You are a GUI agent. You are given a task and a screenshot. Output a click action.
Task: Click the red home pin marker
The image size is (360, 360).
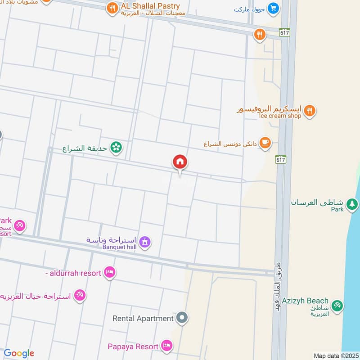(x=180, y=162)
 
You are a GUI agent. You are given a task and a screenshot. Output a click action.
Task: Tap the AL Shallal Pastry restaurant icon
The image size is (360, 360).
(x=112, y=8)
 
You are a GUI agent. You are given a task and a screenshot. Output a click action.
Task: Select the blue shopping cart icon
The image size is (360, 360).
(x=273, y=8)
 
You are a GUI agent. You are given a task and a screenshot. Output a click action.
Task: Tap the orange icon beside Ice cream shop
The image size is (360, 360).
(x=309, y=111)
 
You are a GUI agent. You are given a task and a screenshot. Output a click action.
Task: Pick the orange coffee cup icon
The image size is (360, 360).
(x=265, y=143)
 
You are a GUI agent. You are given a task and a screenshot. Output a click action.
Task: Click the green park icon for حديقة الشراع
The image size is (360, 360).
(x=117, y=147)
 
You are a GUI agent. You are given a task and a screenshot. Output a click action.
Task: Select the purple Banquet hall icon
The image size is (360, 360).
(x=144, y=243)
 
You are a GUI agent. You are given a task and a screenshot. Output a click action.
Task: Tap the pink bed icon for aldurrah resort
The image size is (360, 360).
(x=110, y=272)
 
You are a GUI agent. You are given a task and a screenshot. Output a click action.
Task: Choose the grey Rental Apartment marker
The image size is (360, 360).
(x=182, y=319)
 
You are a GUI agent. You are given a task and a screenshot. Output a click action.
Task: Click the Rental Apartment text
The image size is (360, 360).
(x=143, y=319)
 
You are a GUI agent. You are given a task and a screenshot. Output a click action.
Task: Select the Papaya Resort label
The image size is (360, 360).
(x=133, y=347)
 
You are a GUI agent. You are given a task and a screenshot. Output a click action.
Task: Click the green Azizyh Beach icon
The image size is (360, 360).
(x=337, y=306)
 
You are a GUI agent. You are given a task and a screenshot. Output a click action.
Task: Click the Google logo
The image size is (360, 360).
(x=19, y=354)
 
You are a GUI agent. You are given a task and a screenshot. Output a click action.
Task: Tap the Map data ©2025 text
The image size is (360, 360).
(x=335, y=355)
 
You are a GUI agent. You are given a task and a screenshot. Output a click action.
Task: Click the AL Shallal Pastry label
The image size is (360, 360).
(x=150, y=6)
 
